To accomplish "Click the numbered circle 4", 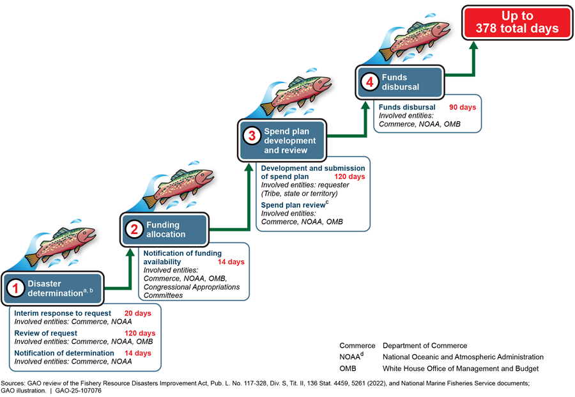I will coord(369,82).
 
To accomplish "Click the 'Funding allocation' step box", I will coord(165,230).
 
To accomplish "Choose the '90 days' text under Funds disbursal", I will coord(463,107).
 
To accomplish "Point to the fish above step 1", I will coord(63,245).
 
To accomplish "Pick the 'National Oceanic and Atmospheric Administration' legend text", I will coord(463,357).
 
